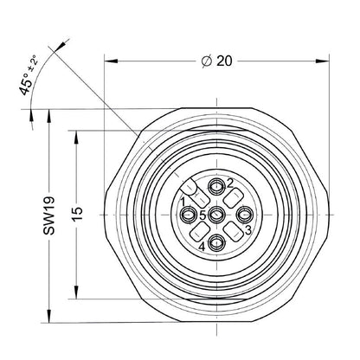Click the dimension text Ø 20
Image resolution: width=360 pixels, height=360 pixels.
[216, 61]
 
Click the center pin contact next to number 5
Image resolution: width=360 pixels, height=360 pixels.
[216, 215]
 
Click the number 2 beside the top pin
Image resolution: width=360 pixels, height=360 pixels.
[230, 183]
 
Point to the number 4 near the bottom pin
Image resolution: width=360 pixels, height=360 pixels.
[202, 247]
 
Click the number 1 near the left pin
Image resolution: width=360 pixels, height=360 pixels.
[183, 201]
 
